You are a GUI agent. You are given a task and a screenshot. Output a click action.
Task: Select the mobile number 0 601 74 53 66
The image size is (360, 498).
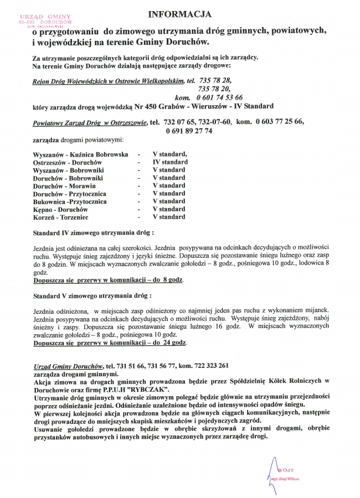coord(215,97)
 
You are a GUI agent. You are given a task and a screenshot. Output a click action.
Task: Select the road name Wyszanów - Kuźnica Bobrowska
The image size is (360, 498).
coord(81,154)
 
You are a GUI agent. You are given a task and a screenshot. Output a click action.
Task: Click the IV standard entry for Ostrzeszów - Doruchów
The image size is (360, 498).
coord(170,162)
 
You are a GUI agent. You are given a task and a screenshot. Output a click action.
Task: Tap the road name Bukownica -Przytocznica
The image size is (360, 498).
coord(70,202)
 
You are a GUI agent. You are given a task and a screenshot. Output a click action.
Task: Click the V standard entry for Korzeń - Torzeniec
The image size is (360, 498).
coord(169,217)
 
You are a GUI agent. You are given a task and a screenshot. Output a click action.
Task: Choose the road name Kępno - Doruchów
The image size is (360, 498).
coord(60,210)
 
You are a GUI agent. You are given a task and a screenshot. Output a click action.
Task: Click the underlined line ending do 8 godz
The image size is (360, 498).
coord(109,281)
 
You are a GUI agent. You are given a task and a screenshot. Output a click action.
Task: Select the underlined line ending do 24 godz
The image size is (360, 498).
coord(110,343)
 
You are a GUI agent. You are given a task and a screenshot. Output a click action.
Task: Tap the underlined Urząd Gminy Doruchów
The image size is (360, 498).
coord(69,366)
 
